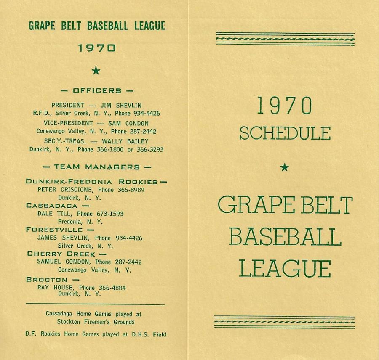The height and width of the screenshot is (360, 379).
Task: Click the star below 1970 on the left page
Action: click(96, 71)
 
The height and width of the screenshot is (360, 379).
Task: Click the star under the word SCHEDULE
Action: click(285, 167)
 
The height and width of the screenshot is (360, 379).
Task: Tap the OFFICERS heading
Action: click(97, 90)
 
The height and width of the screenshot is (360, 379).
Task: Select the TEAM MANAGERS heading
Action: click(97, 167)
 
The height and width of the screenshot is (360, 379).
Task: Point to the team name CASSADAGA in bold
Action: click(52, 206)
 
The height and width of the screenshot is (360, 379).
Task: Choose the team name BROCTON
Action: click(47, 279)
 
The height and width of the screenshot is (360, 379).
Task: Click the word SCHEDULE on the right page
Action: click(285, 133)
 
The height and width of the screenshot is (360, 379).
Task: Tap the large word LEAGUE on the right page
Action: click(285, 268)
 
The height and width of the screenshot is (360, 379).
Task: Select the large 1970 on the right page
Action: click(285, 106)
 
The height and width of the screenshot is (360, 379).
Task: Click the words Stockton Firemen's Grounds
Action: click(96, 322)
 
